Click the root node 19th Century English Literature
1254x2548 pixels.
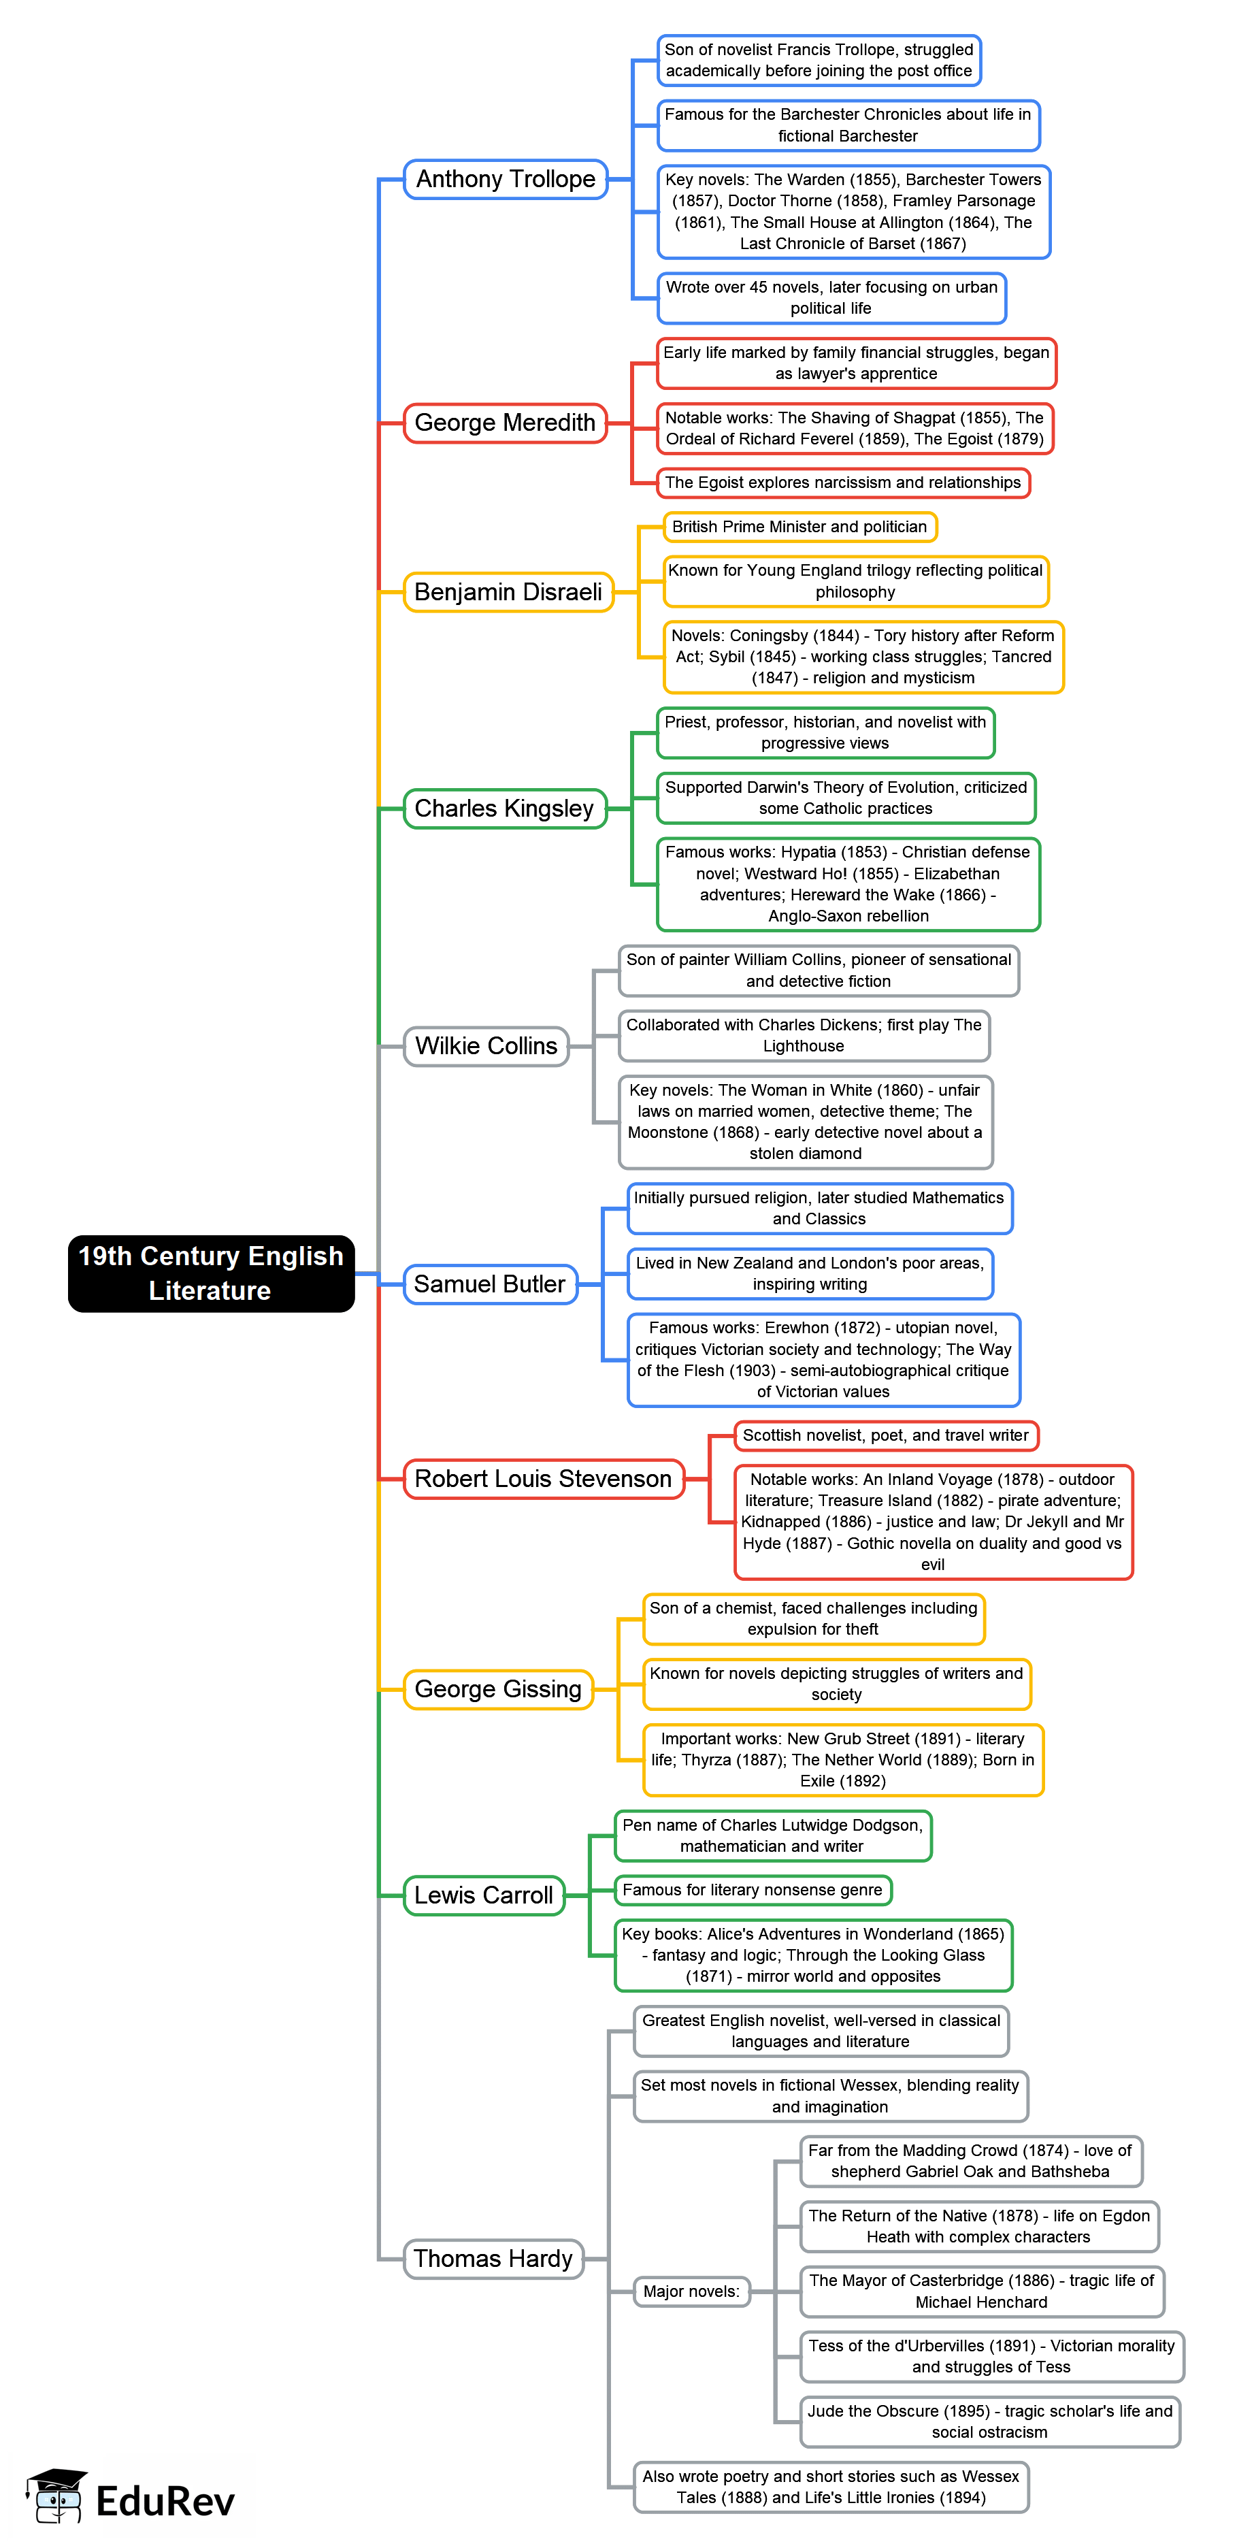coord(211,1273)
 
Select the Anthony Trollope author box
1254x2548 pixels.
coord(506,179)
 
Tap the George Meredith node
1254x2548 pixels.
coord(504,423)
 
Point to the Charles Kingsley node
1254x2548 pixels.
coord(504,808)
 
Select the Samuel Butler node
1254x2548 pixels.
coord(489,1284)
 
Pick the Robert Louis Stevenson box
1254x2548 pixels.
coord(543,1479)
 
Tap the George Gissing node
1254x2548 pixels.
coord(497,1688)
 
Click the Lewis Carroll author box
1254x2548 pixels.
coord(484,1895)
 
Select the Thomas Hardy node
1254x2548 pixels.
coord(493,2258)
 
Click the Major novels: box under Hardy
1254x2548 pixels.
coord(691,2291)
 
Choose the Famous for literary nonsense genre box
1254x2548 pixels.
coord(752,1890)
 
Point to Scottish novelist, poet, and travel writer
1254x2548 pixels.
coord(885,1435)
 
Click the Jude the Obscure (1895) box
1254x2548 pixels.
coord(989,2421)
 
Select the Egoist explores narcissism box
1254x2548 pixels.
coord(842,483)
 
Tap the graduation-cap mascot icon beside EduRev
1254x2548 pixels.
coord(56,2496)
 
